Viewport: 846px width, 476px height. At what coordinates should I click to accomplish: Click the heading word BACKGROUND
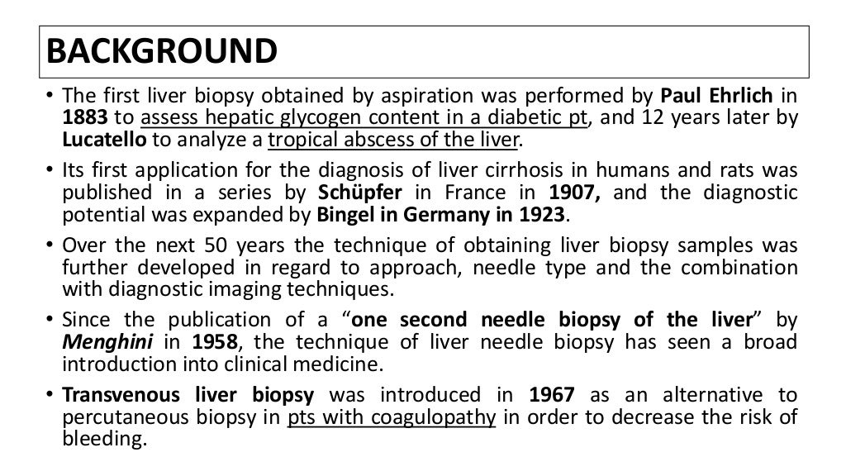[161, 51]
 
